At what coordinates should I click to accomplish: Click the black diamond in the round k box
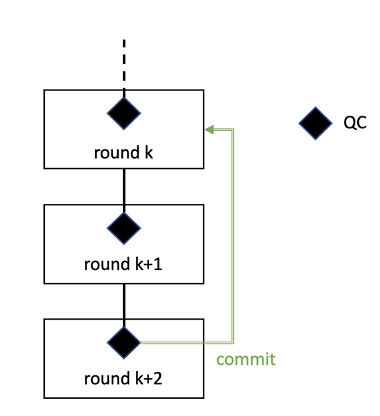click(x=124, y=113)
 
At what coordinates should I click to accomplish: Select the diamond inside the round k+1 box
click(x=124, y=228)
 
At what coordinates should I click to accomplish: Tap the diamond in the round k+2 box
click(x=124, y=343)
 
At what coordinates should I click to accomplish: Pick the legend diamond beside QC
click(x=315, y=123)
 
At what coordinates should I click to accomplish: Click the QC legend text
click(x=355, y=123)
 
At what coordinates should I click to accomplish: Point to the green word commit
click(x=246, y=360)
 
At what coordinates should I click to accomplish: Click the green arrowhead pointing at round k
click(x=209, y=129)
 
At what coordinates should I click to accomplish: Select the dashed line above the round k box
click(x=124, y=68)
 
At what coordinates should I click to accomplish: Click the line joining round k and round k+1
click(x=124, y=191)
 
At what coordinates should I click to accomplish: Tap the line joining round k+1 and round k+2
click(x=124, y=305)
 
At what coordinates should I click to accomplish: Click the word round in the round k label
click(x=117, y=152)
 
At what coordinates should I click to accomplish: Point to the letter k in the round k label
click(x=148, y=152)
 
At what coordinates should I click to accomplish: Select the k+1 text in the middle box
click(x=148, y=264)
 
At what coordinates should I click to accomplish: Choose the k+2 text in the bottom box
click(x=148, y=378)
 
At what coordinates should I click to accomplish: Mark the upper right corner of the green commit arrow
click(x=233, y=129)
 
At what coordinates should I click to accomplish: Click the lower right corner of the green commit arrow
click(x=233, y=343)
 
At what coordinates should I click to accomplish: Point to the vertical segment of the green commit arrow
click(x=233, y=236)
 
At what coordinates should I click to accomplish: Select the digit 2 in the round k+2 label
click(x=157, y=378)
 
